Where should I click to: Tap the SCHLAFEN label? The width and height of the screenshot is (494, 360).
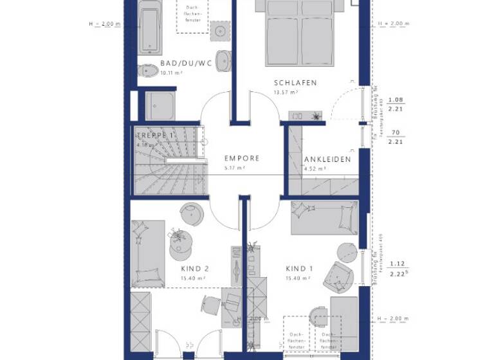(295, 83)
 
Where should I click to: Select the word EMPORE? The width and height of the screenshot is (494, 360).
(242, 158)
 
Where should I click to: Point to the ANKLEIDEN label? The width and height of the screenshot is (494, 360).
(327, 159)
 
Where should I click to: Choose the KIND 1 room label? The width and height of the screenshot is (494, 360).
(300, 269)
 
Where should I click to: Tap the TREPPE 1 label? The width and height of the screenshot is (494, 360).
(154, 136)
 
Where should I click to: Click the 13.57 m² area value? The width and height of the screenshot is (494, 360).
(285, 93)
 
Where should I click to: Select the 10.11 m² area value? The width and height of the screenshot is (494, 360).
(171, 73)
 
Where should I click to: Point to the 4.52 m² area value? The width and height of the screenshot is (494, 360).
(315, 168)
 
